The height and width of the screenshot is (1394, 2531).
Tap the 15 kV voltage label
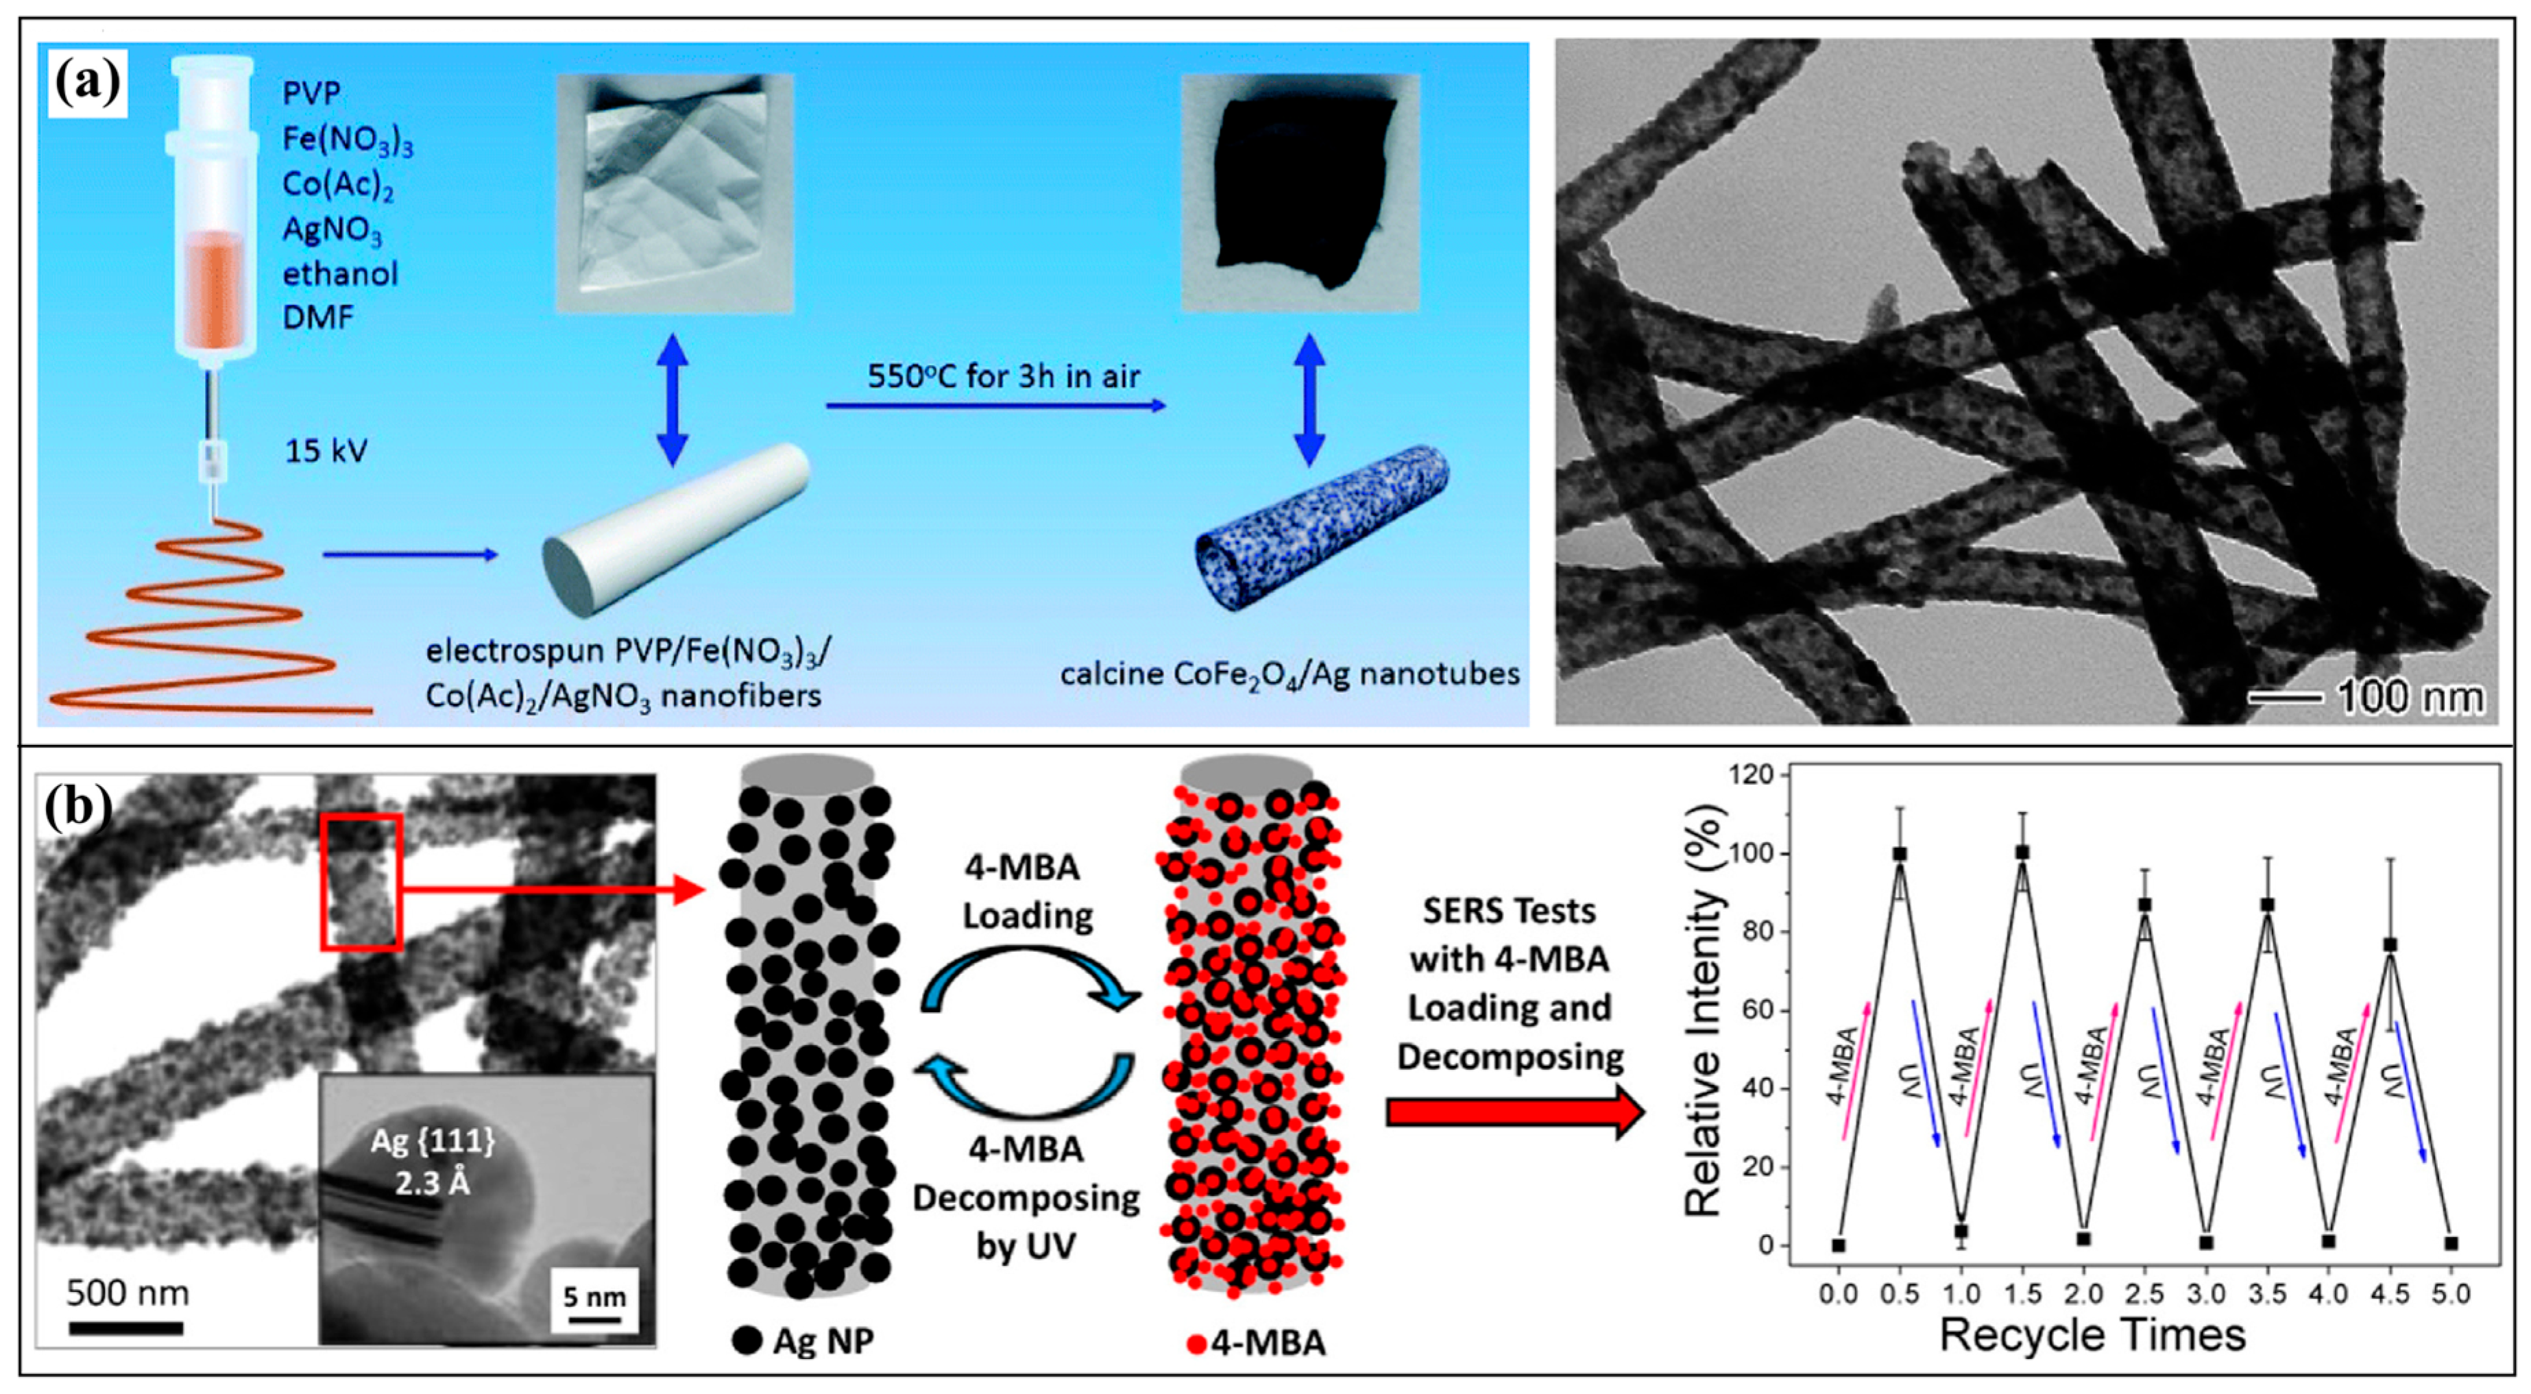click(x=325, y=451)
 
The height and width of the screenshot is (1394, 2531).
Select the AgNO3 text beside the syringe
click(x=332, y=230)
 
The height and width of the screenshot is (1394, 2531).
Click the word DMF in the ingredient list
click(x=317, y=317)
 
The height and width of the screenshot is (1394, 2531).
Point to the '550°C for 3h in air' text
click(x=1003, y=376)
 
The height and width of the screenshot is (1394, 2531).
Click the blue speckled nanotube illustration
click(x=1322, y=528)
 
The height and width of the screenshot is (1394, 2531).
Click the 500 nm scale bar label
click(x=128, y=1293)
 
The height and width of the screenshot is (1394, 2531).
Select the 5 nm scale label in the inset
click(x=594, y=1297)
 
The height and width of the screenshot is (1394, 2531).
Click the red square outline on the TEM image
click(x=361, y=881)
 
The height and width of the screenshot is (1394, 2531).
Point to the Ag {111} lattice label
click(x=433, y=1161)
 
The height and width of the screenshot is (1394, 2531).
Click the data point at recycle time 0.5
click(x=1899, y=854)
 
